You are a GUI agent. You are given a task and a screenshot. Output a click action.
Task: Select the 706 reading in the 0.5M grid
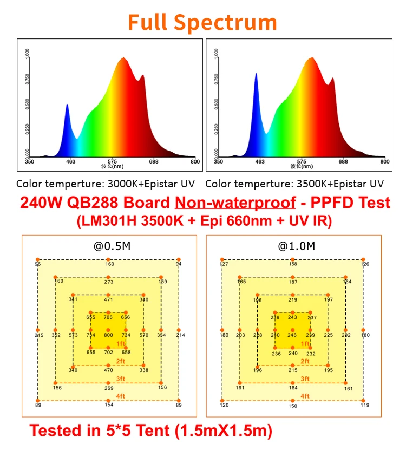109,317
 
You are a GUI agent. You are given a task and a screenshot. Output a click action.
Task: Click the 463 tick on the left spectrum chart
70,161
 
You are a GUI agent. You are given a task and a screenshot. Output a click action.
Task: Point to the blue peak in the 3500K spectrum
256,75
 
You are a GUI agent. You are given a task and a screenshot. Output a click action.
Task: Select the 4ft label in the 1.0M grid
305,396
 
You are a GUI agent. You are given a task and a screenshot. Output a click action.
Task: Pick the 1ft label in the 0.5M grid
121,344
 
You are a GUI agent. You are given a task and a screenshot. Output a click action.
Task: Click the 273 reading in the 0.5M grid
109,282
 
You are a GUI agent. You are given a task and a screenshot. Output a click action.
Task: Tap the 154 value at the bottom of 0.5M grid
109,405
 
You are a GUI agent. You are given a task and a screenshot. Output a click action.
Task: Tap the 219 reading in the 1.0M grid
293,299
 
